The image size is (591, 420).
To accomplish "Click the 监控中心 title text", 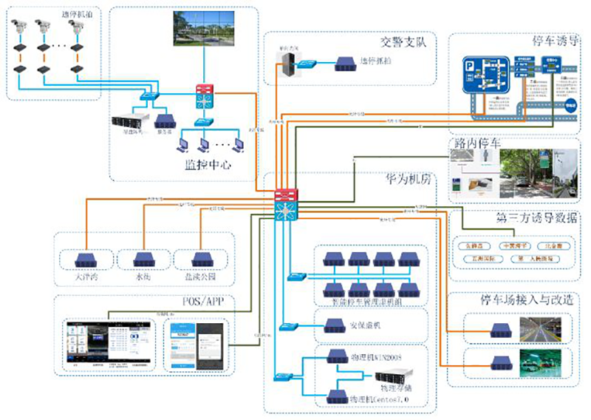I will click(207, 165).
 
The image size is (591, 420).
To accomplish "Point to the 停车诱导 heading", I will click(554, 41).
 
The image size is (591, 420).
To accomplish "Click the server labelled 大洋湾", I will click(86, 260).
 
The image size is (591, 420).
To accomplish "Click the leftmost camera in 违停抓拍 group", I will click(19, 27).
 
